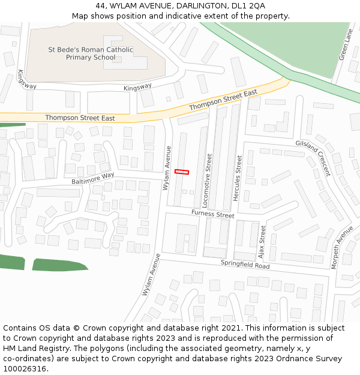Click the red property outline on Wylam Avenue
(x=181, y=172)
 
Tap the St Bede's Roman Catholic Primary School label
(x=91, y=53)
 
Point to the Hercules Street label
(x=239, y=178)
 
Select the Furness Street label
(x=212, y=214)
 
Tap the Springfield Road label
(x=245, y=264)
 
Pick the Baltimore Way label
(x=92, y=178)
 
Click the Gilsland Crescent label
(x=313, y=158)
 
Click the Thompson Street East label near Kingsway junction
(x=223, y=100)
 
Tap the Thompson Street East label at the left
(x=80, y=118)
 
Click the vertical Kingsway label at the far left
(x=27, y=79)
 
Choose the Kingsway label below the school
(x=137, y=87)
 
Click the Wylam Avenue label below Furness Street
(x=151, y=274)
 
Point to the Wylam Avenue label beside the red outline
(x=167, y=168)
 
